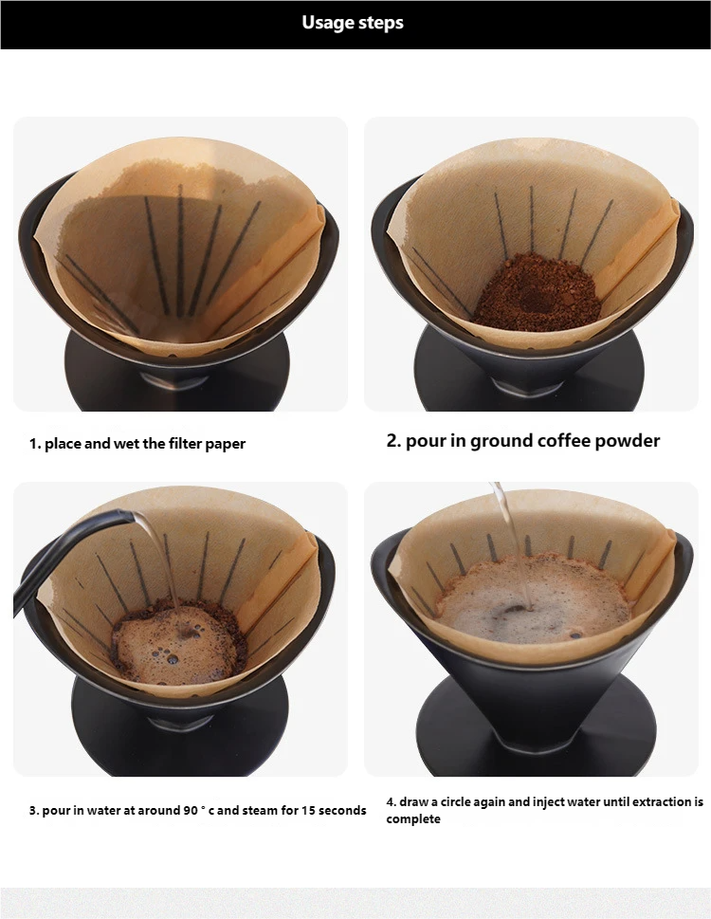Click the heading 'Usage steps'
click(353, 23)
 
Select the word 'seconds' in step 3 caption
click(342, 811)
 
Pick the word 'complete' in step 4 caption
click(413, 819)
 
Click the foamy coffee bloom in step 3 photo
click(178, 645)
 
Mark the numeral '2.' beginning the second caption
click(393, 441)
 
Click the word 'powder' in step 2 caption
click(629, 441)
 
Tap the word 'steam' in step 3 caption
click(248, 811)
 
